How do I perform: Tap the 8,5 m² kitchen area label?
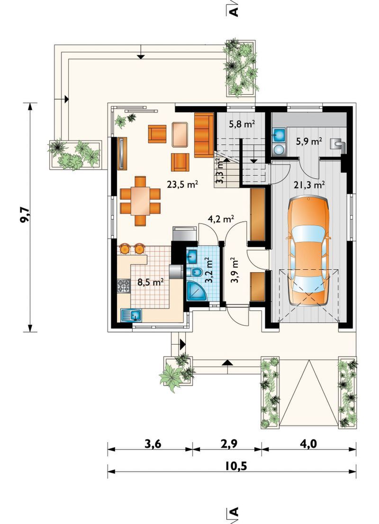coord(151,283)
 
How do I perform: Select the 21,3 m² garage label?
coord(310,185)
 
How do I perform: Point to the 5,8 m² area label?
coord(242,124)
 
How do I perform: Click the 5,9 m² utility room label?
coord(309,142)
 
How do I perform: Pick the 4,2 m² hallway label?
coord(221,219)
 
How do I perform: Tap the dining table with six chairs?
coord(140,201)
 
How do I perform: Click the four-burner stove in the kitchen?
coord(124,286)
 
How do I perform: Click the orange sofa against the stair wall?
coord(204,135)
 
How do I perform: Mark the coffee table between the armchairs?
coord(180,134)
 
